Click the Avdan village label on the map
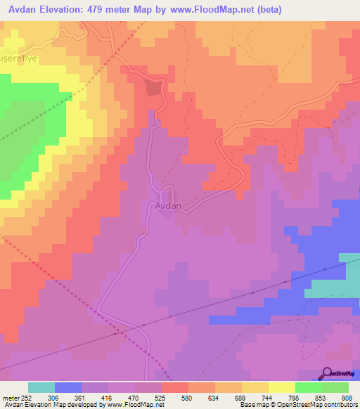[x=168, y=207]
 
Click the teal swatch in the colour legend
[x=41, y=387]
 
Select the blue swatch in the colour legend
[x=68, y=387]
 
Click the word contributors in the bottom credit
[x=339, y=405]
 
